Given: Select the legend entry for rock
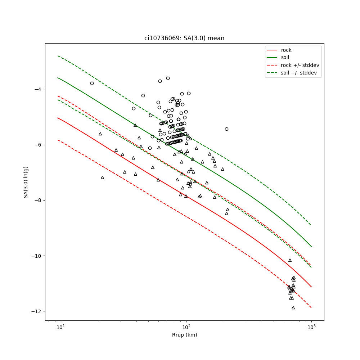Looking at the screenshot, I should [x=286, y=50].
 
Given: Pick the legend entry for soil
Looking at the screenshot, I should [x=285, y=57].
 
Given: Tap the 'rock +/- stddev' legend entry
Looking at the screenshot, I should [x=300, y=65].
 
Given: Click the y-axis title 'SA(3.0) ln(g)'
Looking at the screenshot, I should [x=26, y=182].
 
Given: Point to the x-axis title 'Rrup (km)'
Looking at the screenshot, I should [x=184, y=335].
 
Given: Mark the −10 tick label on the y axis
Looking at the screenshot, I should [x=36, y=256].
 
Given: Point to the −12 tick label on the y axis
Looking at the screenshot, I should [x=36, y=311].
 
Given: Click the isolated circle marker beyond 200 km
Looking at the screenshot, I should [x=226, y=129].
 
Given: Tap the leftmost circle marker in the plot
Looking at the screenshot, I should [x=92, y=83].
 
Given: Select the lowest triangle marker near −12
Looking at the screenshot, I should [x=293, y=307].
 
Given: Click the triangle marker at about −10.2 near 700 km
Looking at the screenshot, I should [x=290, y=260].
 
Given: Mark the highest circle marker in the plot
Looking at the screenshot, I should [x=168, y=78].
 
